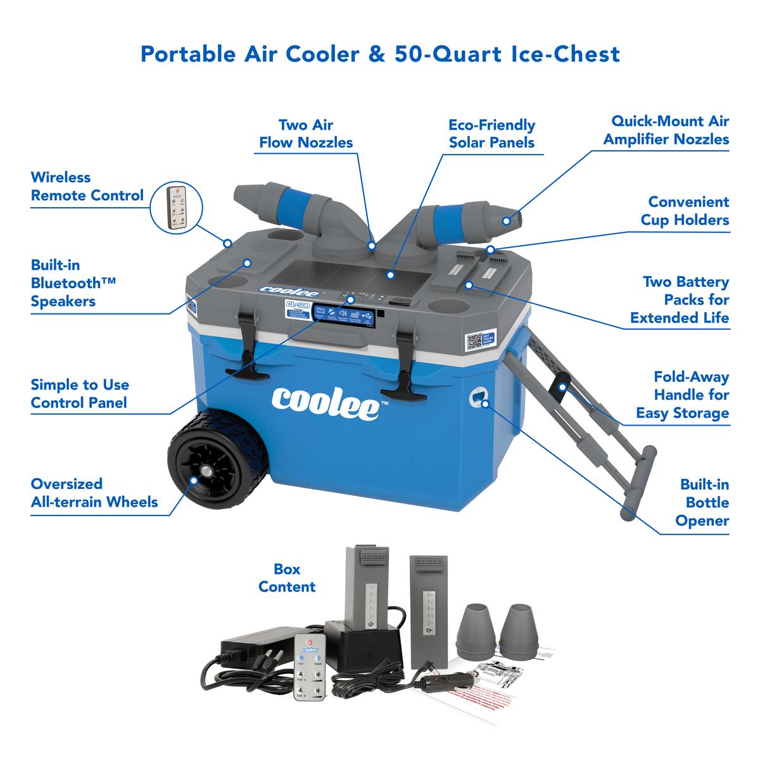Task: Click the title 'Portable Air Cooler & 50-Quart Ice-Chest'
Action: point(380,54)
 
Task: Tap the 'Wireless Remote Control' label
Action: point(87,186)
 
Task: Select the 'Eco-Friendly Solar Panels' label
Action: point(492,134)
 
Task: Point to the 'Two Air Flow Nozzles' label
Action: point(306,134)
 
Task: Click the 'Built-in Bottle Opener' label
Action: point(702,503)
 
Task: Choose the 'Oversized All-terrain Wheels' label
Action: point(94,493)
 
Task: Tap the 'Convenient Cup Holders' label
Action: point(685,211)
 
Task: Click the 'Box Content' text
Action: point(286,578)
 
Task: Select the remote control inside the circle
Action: point(175,207)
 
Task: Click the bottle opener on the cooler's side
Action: point(478,396)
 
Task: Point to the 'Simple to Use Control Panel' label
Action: point(80,393)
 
